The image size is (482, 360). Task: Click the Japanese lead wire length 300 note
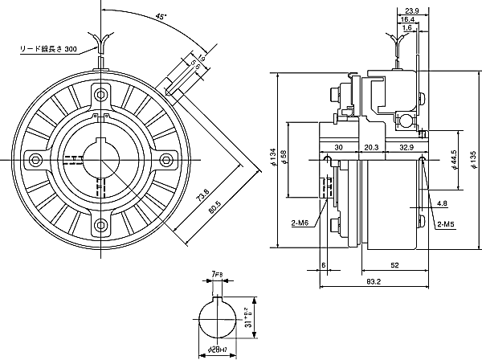click(47, 50)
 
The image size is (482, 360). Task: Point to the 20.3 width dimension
click(370, 148)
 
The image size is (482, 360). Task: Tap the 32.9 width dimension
click(406, 148)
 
